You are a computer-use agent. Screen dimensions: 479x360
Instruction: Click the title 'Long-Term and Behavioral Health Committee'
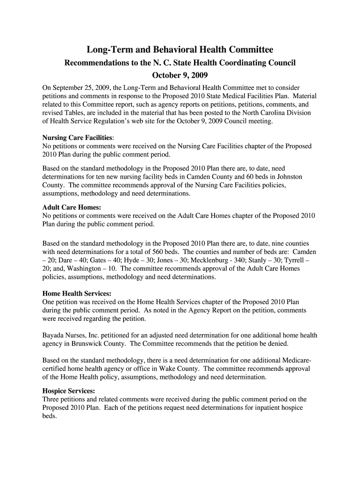coord(180,50)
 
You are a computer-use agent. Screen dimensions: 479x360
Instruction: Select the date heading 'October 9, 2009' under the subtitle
coord(180,76)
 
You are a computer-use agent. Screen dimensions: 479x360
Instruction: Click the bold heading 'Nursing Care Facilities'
coord(77,138)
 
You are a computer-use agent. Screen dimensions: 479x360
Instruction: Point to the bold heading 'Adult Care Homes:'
coord(72,207)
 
